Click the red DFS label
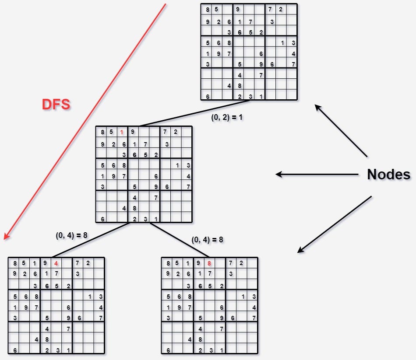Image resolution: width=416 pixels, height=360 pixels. [x=56, y=104]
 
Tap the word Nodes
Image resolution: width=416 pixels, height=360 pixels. [x=388, y=175]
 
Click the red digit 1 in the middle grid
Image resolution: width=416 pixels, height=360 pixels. [x=122, y=132]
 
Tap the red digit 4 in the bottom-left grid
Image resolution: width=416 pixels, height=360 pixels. [x=56, y=263]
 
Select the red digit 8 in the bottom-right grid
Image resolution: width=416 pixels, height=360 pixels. [x=209, y=263]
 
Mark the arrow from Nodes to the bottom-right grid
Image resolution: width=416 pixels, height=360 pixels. [x=335, y=224]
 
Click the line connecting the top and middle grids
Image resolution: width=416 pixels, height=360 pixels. [x=195, y=113]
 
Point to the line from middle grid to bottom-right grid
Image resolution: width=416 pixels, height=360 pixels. [x=180, y=240]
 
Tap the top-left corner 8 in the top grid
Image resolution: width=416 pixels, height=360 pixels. [x=208, y=10]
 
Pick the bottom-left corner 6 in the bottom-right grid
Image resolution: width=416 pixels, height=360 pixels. [x=168, y=350]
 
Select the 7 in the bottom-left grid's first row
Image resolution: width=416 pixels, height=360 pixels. [x=77, y=263]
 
